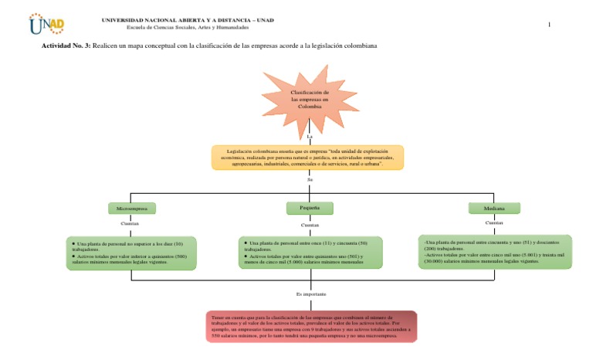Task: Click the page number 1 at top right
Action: (549, 25)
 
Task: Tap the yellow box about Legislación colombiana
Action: (307, 157)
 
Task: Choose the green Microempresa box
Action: (132, 209)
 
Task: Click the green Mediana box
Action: (494, 209)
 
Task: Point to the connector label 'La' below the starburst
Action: (309, 137)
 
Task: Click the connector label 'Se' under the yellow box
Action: (309, 179)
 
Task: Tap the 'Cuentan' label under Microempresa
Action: (130, 222)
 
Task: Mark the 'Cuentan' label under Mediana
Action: (494, 222)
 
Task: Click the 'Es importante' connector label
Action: (311, 294)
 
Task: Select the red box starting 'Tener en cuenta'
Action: (311, 326)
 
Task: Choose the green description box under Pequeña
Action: (310, 253)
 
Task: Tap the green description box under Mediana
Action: (494, 252)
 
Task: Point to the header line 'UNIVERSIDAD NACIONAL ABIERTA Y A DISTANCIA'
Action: (188, 19)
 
